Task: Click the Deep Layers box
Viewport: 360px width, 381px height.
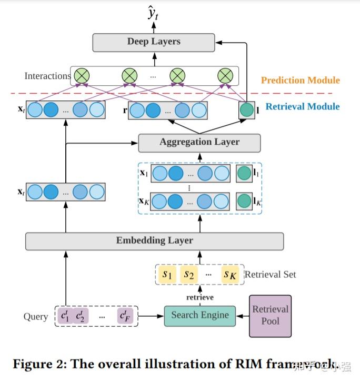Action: pyautogui.click(x=154, y=42)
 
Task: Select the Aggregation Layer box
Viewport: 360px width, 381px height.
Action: pyautogui.click(x=199, y=142)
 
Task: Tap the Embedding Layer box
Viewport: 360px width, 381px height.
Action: pyautogui.click(x=154, y=241)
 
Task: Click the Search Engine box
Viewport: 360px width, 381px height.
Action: pyautogui.click(x=200, y=316)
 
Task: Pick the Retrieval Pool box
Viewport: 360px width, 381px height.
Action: pyautogui.click(x=270, y=316)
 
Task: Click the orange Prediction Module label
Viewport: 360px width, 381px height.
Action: pyautogui.click(x=300, y=81)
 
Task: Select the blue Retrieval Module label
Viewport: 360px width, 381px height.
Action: pyautogui.click(x=302, y=107)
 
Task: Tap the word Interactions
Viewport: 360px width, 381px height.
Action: pyautogui.click(x=47, y=76)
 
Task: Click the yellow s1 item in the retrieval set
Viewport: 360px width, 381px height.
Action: pyautogui.click(x=168, y=275)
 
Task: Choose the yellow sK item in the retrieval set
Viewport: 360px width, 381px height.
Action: pyautogui.click(x=230, y=275)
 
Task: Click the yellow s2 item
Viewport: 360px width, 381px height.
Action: pyautogui.click(x=189, y=275)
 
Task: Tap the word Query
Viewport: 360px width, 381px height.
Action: pyautogui.click(x=36, y=317)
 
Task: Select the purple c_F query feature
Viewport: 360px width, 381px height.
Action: pyautogui.click(x=125, y=316)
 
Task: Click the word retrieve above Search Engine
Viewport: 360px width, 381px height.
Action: pyautogui.click(x=199, y=297)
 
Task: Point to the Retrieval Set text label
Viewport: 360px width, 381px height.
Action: pyautogui.click(x=271, y=275)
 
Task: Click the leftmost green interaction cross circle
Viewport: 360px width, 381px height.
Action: pyautogui.click(x=81, y=76)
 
